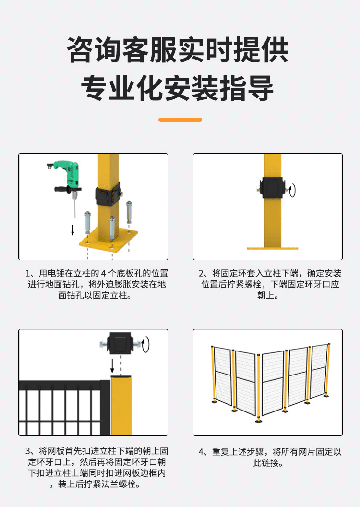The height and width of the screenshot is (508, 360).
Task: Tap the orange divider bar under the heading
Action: [x=180, y=120]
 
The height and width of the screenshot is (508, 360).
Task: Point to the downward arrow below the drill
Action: [x=72, y=229]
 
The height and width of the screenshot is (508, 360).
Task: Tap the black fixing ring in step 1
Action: [x=108, y=195]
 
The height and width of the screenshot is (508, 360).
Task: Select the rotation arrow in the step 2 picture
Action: [x=292, y=190]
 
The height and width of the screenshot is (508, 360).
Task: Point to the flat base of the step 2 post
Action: [x=272, y=248]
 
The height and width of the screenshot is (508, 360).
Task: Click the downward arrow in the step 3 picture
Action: [x=112, y=366]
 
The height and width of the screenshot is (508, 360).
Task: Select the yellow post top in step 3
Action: [x=121, y=403]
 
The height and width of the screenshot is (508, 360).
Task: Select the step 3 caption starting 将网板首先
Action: [x=97, y=468]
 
